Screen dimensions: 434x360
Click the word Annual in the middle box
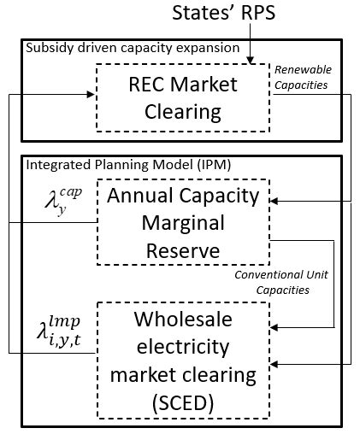point(150,196)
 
